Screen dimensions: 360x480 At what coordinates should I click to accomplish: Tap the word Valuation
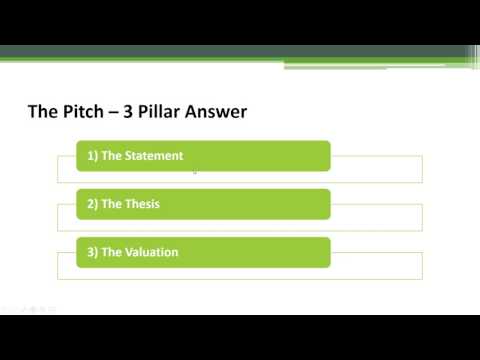pos(150,252)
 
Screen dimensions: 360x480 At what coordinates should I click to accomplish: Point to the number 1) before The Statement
pos(93,156)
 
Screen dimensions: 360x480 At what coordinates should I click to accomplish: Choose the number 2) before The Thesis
pos(93,204)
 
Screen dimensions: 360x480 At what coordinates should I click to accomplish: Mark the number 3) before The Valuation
pos(93,252)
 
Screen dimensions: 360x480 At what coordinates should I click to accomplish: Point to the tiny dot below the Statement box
pos(194,173)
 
